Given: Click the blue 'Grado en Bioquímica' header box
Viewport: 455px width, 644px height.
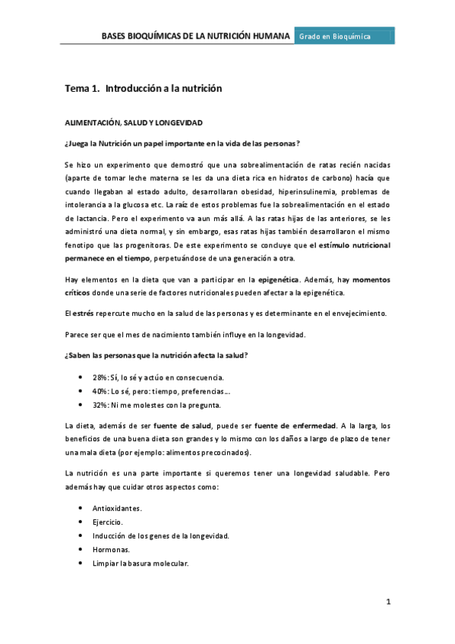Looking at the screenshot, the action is pyautogui.click(x=344, y=36).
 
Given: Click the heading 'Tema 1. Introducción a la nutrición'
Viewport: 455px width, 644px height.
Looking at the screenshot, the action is pyautogui.click(x=143, y=89).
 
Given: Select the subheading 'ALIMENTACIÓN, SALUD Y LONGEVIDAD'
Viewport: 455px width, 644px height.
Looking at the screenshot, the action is pyautogui.click(x=132, y=122).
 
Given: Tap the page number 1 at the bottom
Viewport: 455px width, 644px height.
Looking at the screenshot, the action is pyautogui.click(x=387, y=602).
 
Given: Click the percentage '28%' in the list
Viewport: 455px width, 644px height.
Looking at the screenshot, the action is pyautogui.click(x=100, y=377).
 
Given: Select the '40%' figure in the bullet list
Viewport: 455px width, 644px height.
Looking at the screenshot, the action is pyautogui.click(x=100, y=391).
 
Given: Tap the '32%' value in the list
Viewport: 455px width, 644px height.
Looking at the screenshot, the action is pyautogui.click(x=100, y=406).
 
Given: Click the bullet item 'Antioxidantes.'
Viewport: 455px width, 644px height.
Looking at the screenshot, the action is pyautogui.click(x=117, y=507).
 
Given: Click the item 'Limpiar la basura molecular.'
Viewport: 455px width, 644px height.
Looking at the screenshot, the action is pyautogui.click(x=140, y=564).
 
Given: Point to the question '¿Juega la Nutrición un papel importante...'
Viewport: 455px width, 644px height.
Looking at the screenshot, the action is pyautogui.click(x=182, y=144).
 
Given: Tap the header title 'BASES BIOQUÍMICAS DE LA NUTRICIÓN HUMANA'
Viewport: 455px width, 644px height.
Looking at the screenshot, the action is pyautogui.click(x=196, y=36).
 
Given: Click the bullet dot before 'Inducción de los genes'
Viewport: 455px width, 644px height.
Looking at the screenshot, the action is pyautogui.click(x=81, y=536).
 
